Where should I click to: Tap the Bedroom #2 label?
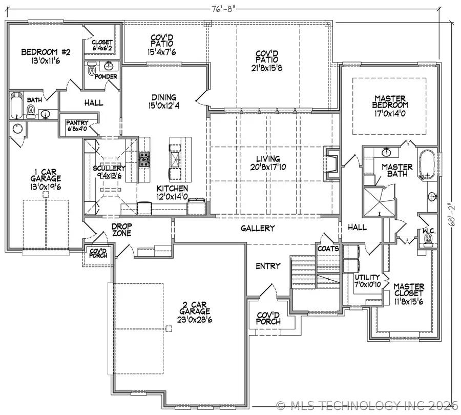[x=41, y=52]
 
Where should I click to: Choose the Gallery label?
[x=258, y=229]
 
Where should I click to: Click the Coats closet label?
[x=328, y=248]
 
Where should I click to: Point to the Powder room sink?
[x=109, y=66]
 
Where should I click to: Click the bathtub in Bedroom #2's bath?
[x=16, y=105]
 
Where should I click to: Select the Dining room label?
[x=164, y=97]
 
